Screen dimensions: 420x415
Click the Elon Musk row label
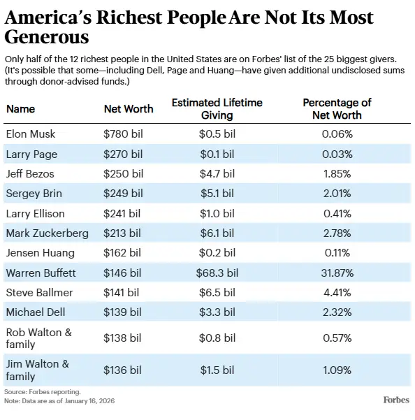pyautogui.click(x=30, y=133)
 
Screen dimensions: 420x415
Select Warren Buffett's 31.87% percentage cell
pyautogui.click(x=337, y=273)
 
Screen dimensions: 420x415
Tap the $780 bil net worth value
pyautogui.click(x=123, y=133)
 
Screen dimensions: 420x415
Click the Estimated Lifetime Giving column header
pyautogui.click(x=217, y=109)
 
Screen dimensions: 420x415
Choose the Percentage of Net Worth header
pyautogui.click(x=337, y=109)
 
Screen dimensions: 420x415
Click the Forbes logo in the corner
pyautogui.click(x=395, y=400)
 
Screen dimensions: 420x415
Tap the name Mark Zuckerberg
pyautogui.click(x=47, y=233)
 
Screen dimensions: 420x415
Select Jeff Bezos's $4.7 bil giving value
pyautogui.click(x=217, y=173)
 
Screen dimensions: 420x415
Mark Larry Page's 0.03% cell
pyautogui.click(x=337, y=154)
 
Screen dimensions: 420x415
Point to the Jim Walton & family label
pyautogui.click(x=37, y=370)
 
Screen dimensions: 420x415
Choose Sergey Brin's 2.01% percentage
pyautogui.click(x=337, y=193)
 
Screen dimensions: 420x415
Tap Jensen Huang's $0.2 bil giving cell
pyautogui.click(x=217, y=252)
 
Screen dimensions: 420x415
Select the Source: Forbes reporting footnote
pyautogui.click(x=42, y=392)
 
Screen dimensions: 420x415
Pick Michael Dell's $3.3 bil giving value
pyautogui.click(x=217, y=312)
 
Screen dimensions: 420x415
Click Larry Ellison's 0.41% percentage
pyautogui.click(x=337, y=213)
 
